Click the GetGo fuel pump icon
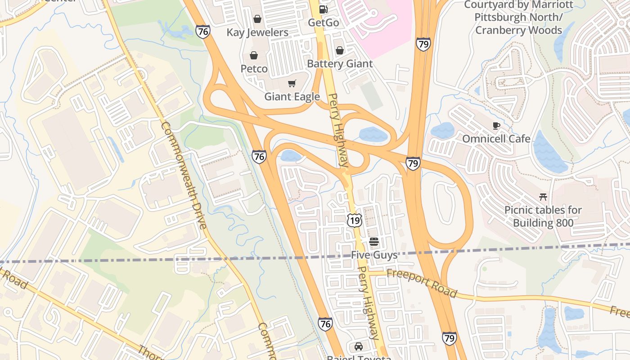click(x=323, y=9)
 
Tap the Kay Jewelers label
click(x=257, y=32)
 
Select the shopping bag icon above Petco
click(x=254, y=55)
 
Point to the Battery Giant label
click(x=340, y=64)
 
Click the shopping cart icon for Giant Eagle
click(x=292, y=83)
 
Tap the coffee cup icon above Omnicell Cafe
click(x=496, y=126)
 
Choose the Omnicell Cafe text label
click(x=496, y=139)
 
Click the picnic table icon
click(x=543, y=197)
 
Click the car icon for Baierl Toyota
click(x=359, y=346)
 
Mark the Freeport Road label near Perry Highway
click(x=422, y=283)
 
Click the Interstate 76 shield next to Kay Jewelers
click(x=203, y=31)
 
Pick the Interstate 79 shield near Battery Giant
click(x=423, y=44)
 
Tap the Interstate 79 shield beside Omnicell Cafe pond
click(x=413, y=163)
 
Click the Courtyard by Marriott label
click(x=518, y=18)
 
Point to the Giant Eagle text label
click(x=292, y=97)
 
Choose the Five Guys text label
click(x=374, y=255)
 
